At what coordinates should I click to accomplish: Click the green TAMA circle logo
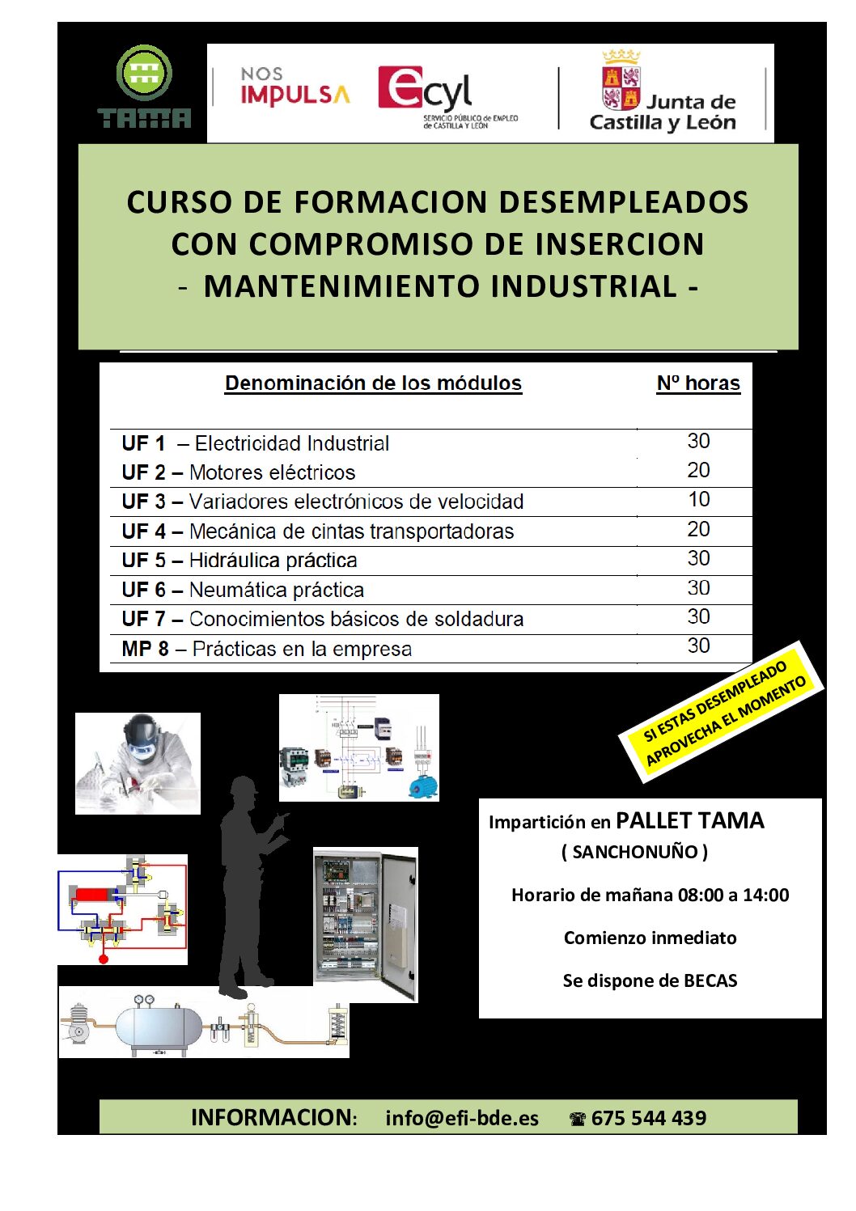(x=144, y=73)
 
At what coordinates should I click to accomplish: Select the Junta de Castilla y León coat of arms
(x=621, y=81)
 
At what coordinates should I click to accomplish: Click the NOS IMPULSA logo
(x=295, y=86)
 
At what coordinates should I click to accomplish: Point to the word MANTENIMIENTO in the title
(x=341, y=286)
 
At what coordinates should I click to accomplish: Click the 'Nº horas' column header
(x=698, y=383)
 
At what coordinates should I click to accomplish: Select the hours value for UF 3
(x=699, y=500)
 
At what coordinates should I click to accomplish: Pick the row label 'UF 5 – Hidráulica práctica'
(x=239, y=561)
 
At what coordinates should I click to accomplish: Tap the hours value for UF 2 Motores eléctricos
(x=699, y=470)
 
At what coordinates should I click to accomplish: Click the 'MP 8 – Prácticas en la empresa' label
(x=266, y=649)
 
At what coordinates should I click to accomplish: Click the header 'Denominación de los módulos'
(x=373, y=383)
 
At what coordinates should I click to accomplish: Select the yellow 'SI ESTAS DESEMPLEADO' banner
(x=722, y=711)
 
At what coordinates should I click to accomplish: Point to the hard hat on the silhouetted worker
(x=243, y=785)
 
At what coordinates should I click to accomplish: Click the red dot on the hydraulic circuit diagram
(x=104, y=959)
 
